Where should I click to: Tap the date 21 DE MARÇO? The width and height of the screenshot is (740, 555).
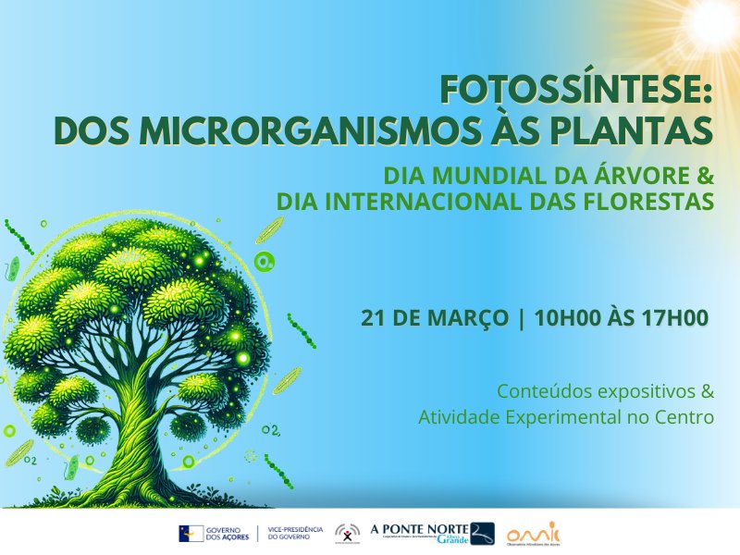click(435, 318)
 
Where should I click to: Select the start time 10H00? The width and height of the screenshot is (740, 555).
click(568, 318)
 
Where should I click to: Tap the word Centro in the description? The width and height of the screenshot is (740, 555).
click(684, 417)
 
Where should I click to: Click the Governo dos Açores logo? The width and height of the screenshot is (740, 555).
click(214, 534)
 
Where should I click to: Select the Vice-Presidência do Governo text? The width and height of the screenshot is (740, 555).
click(294, 534)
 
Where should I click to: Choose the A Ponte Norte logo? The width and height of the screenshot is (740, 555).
click(431, 533)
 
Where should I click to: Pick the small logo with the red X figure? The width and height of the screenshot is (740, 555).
click(348, 534)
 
